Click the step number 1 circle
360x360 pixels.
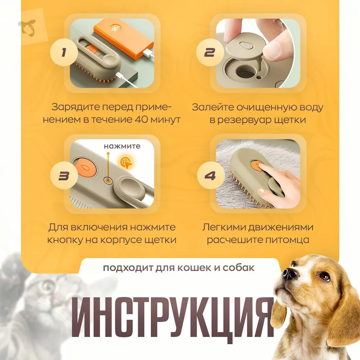pyautogui.click(x=64, y=52)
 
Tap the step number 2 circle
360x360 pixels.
pyautogui.click(x=210, y=52)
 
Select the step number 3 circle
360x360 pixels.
pyautogui.click(x=64, y=175)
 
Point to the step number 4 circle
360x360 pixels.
pyautogui.click(x=211, y=175)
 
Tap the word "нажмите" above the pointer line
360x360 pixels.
pyautogui.click(x=122, y=146)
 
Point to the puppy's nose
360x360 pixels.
pyautogui.click(x=289, y=273)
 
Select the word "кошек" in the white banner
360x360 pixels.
pyautogui.click(x=195, y=268)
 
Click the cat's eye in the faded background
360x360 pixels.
pyautogui.click(x=48, y=286)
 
